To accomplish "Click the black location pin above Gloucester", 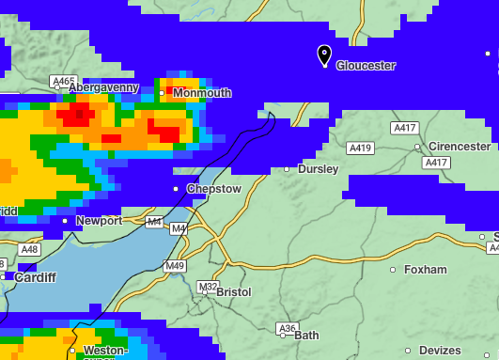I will (324, 55).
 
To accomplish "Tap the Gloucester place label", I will (366, 66).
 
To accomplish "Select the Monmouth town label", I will (201, 93).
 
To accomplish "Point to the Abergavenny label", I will (103, 87).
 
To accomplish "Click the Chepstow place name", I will (214, 189).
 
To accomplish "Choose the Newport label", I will (99, 221).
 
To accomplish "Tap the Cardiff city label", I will (35, 277).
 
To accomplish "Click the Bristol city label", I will (233, 292).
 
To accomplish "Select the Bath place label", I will (306, 335).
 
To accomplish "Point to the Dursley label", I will (318, 169).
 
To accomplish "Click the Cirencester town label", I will (459, 147).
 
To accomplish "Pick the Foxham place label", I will (425, 270).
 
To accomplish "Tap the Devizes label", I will (440, 351).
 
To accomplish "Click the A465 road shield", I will (64, 81).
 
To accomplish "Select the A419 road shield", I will (360, 148).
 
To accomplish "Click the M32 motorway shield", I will (208, 286).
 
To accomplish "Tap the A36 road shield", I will (287, 328).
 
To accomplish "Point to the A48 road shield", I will (29, 249).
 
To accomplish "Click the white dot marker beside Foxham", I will (394, 270).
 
